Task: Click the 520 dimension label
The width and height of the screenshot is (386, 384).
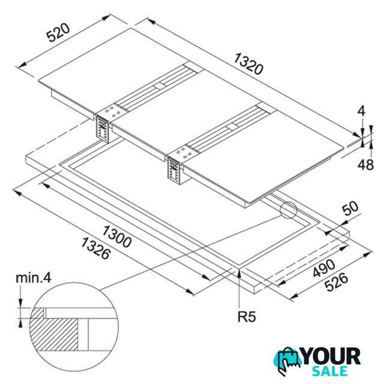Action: tap(58, 32)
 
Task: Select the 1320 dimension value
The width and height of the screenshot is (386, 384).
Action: tap(249, 64)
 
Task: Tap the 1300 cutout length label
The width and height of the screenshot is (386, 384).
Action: tap(117, 236)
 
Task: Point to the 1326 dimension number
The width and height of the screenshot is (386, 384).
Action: tap(95, 248)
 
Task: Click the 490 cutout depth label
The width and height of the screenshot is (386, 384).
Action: tap(324, 268)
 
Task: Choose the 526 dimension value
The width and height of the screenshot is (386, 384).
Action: tap(336, 282)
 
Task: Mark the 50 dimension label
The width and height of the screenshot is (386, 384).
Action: tap(351, 208)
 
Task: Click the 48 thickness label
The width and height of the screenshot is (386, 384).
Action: tap(366, 164)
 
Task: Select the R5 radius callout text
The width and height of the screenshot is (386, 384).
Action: tap(247, 317)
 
